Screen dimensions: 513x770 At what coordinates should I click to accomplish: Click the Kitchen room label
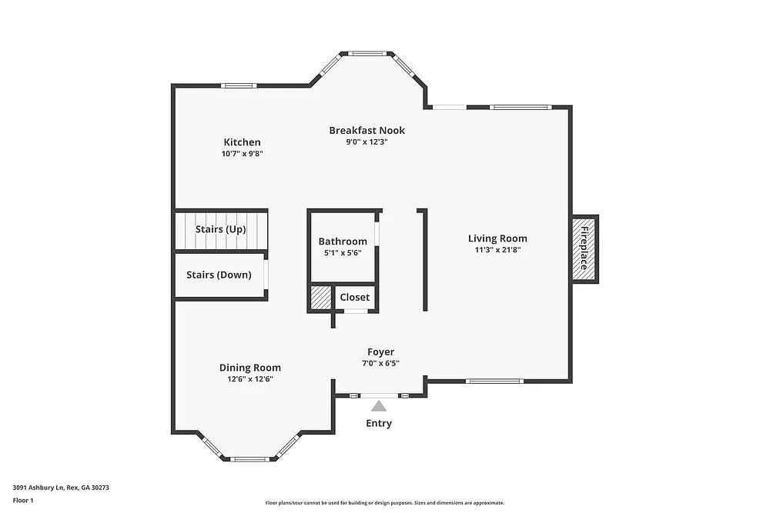(x=242, y=142)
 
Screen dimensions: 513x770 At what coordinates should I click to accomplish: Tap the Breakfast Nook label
(x=367, y=130)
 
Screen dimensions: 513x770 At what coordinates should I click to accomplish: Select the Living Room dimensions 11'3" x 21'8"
(x=497, y=249)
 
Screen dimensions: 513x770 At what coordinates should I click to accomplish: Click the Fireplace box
(x=584, y=248)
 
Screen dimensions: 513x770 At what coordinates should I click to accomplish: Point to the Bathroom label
(x=343, y=242)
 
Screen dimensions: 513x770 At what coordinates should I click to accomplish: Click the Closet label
(x=354, y=297)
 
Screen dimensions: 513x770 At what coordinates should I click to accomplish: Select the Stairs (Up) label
(x=220, y=229)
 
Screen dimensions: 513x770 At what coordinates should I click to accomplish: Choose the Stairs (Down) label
(x=219, y=275)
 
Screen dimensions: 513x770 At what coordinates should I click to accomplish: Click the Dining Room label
(x=249, y=368)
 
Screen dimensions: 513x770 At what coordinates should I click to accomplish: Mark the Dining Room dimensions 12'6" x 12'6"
(x=249, y=378)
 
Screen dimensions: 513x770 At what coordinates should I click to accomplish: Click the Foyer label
(x=380, y=352)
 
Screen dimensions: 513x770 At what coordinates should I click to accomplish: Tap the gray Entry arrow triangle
(x=379, y=406)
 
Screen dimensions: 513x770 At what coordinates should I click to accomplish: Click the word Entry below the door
(x=379, y=423)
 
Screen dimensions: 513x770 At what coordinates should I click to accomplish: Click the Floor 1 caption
(x=23, y=500)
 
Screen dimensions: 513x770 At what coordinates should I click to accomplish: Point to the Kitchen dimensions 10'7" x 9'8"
(x=242, y=154)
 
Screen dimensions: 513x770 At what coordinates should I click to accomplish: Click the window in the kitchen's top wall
(x=238, y=85)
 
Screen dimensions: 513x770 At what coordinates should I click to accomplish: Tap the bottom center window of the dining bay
(x=249, y=459)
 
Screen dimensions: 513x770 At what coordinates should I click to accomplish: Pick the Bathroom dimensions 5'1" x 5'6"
(x=343, y=252)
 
